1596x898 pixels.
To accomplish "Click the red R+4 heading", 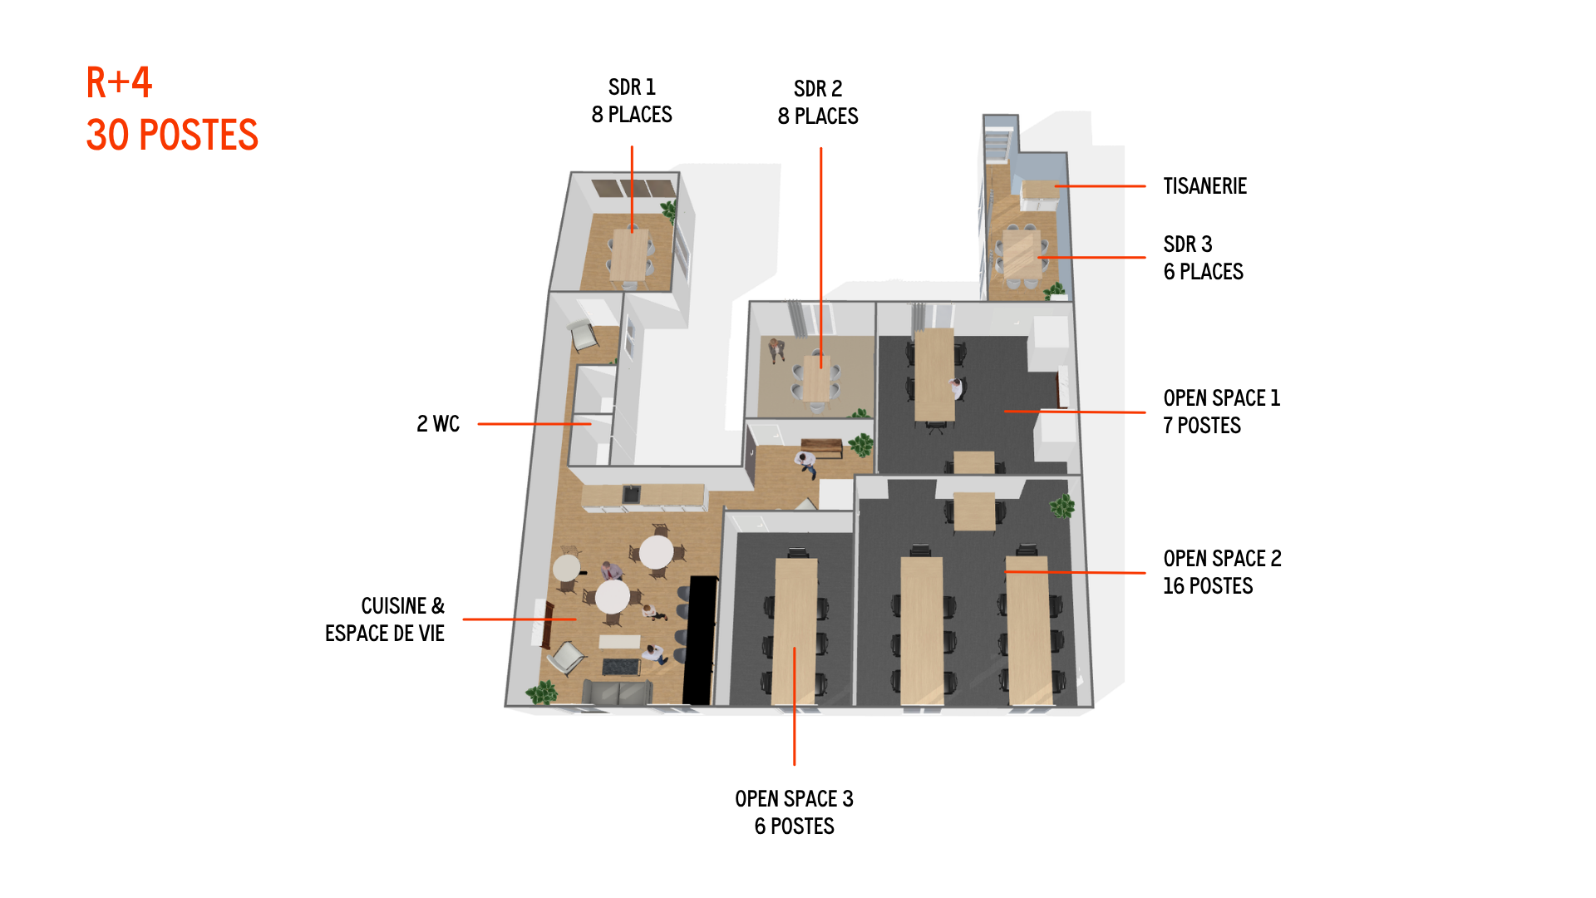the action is [119, 82].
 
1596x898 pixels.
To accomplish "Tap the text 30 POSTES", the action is [172, 135].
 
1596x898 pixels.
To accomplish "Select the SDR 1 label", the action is [632, 87].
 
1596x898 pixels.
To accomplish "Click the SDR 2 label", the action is [818, 89].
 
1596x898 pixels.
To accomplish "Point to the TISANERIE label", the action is [1204, 186].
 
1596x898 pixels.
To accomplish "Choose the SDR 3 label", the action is [1188, 244].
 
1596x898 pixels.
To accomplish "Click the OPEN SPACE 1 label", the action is [1222, 398].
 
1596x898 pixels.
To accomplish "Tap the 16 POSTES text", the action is [1208, 586].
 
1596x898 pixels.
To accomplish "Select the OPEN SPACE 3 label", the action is [794, 799].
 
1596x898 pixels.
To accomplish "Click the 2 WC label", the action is [438, 424].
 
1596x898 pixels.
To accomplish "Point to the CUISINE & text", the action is [402, 606].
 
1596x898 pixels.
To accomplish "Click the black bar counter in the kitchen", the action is [699, 640].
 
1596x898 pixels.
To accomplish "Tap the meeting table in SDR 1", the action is [629, 254].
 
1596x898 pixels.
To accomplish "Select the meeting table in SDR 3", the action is [1020, 254].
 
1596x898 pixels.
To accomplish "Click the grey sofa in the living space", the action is [618, 692].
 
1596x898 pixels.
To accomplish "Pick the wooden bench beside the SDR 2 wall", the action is [821, 447].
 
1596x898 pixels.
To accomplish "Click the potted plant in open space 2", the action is [1062, 506].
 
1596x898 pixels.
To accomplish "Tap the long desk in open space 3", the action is [796, 632].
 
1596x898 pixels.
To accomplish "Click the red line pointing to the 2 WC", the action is [534, 424].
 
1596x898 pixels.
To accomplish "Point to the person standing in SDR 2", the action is [776, 349].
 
